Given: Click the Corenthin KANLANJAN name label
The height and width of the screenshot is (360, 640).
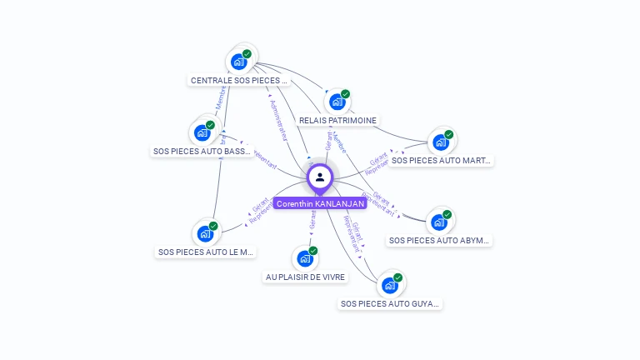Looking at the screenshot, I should tap(320, 203).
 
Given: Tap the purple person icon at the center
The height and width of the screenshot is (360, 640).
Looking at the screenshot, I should tap(320, 177).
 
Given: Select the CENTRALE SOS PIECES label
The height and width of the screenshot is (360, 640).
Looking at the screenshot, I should tap(238, 81).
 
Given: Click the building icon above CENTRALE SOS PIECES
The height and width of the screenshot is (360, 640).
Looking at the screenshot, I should tap(239, 62).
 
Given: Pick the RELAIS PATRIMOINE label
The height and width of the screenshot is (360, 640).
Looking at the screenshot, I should tap(337, 121).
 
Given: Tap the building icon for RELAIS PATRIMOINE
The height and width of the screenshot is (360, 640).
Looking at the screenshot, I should tap(337, 102).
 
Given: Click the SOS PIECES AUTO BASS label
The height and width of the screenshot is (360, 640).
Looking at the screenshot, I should tap(202, 152).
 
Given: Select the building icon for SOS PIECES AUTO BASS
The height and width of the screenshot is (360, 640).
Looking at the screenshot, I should tap(202, 132).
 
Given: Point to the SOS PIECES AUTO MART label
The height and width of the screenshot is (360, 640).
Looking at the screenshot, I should tap(442, 160).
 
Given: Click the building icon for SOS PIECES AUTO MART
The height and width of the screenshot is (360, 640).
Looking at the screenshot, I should tap(441, 142).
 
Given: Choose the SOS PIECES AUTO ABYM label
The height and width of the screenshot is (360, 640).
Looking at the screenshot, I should tap(440, 241).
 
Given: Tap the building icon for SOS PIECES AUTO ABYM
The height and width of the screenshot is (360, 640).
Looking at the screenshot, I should tap(439, 222).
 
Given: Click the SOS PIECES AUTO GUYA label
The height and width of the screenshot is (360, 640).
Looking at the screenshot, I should tap(390, 304).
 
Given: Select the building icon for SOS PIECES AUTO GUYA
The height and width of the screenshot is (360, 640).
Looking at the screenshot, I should tap(389, 285).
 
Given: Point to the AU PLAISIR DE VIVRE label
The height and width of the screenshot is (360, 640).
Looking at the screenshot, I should tap(305, 277).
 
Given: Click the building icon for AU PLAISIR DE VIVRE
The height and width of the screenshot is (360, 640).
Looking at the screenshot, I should tap(305, 258).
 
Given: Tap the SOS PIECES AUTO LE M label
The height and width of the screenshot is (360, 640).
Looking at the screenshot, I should tap(207, 252).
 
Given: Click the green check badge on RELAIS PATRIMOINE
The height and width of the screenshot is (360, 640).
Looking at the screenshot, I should tap(345, 94).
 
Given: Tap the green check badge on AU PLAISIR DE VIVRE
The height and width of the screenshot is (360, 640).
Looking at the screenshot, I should tap(313, 251).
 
